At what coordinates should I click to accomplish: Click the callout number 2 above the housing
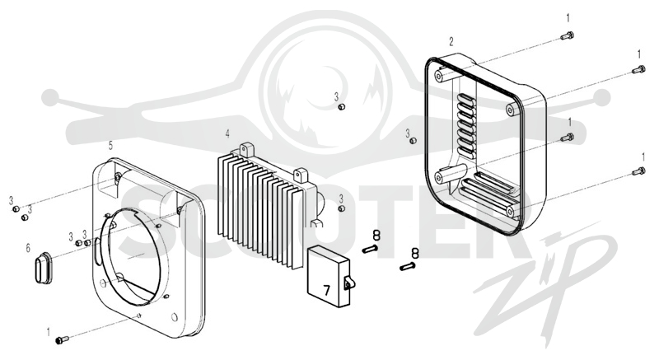(451, 41)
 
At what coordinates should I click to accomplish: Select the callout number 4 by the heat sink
(227, 134)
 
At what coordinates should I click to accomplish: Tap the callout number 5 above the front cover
(110, 145)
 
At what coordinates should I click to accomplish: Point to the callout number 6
(28, 248)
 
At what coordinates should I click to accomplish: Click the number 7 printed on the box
(326, 289)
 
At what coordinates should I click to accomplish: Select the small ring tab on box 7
(348, 284)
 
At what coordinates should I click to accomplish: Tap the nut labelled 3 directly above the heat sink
(342, 107)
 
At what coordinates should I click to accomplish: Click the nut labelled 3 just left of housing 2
(414, 140)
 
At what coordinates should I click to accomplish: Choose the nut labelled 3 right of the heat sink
(342, 208)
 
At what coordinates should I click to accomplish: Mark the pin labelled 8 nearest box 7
(370, 249)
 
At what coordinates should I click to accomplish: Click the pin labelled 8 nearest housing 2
(408, 266)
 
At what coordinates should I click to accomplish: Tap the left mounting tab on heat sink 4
(246, 151)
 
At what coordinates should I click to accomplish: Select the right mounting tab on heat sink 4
(301, 175)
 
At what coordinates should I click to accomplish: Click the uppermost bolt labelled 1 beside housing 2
(568, 35)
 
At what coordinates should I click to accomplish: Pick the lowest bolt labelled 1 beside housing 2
(638, 171)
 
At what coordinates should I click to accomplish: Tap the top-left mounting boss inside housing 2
(439, 77)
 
